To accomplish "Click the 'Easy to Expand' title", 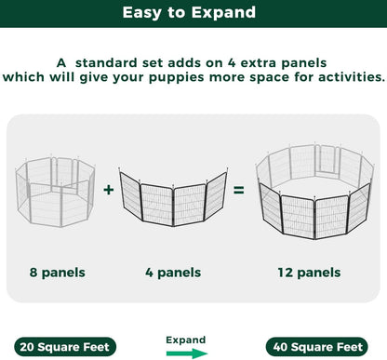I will tap(193, 14).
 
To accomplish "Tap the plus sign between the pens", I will tap(109, 190).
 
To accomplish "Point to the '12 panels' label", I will tap(308, 273).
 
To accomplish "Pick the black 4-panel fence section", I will tap(173, 201).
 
